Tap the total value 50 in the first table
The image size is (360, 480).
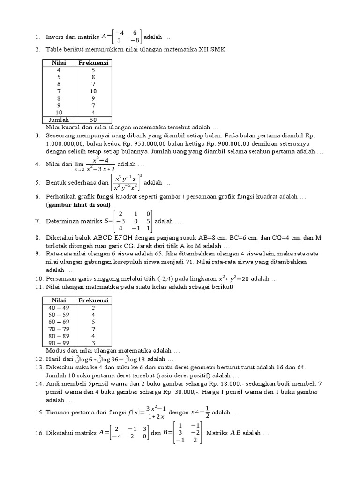(93, 120)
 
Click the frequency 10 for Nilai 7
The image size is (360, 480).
(93, 91)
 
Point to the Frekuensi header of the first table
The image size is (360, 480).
(93, 63)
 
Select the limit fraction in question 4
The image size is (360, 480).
(100, 165)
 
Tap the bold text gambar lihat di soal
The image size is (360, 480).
(78, 205)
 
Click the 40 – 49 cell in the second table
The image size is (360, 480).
(59, 307)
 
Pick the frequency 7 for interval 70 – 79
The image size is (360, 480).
(93, 329)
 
